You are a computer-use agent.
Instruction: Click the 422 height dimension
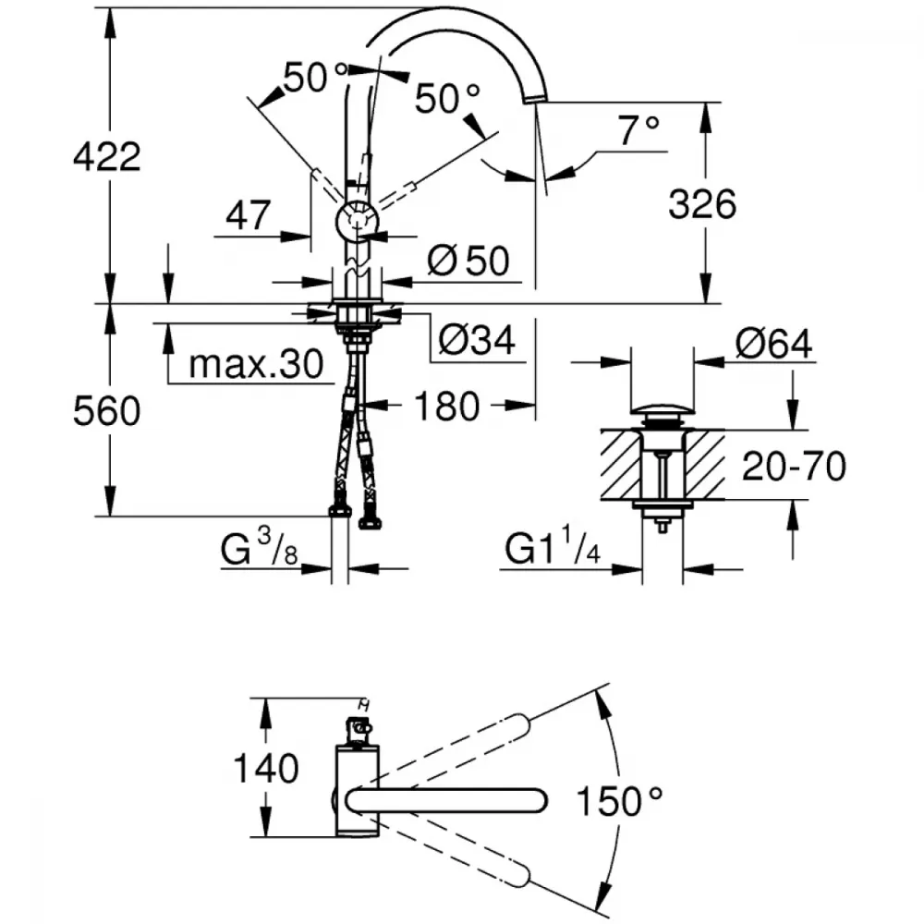point(106,157)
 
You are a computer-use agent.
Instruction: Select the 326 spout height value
point(702,204)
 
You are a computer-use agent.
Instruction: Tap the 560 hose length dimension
point(106,411)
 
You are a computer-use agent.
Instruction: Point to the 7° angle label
point(638,130)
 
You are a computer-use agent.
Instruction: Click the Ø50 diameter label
point(468,261)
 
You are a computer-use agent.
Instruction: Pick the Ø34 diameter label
point(477,339)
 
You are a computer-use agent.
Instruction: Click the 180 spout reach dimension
point(446,406)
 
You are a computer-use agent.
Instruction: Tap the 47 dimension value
point(248,215)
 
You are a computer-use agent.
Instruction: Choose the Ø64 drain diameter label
point(773,343)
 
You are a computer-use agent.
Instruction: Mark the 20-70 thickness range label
point(794,466)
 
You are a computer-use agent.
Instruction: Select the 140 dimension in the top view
point(266,769)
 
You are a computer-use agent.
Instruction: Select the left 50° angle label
point(315,77)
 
